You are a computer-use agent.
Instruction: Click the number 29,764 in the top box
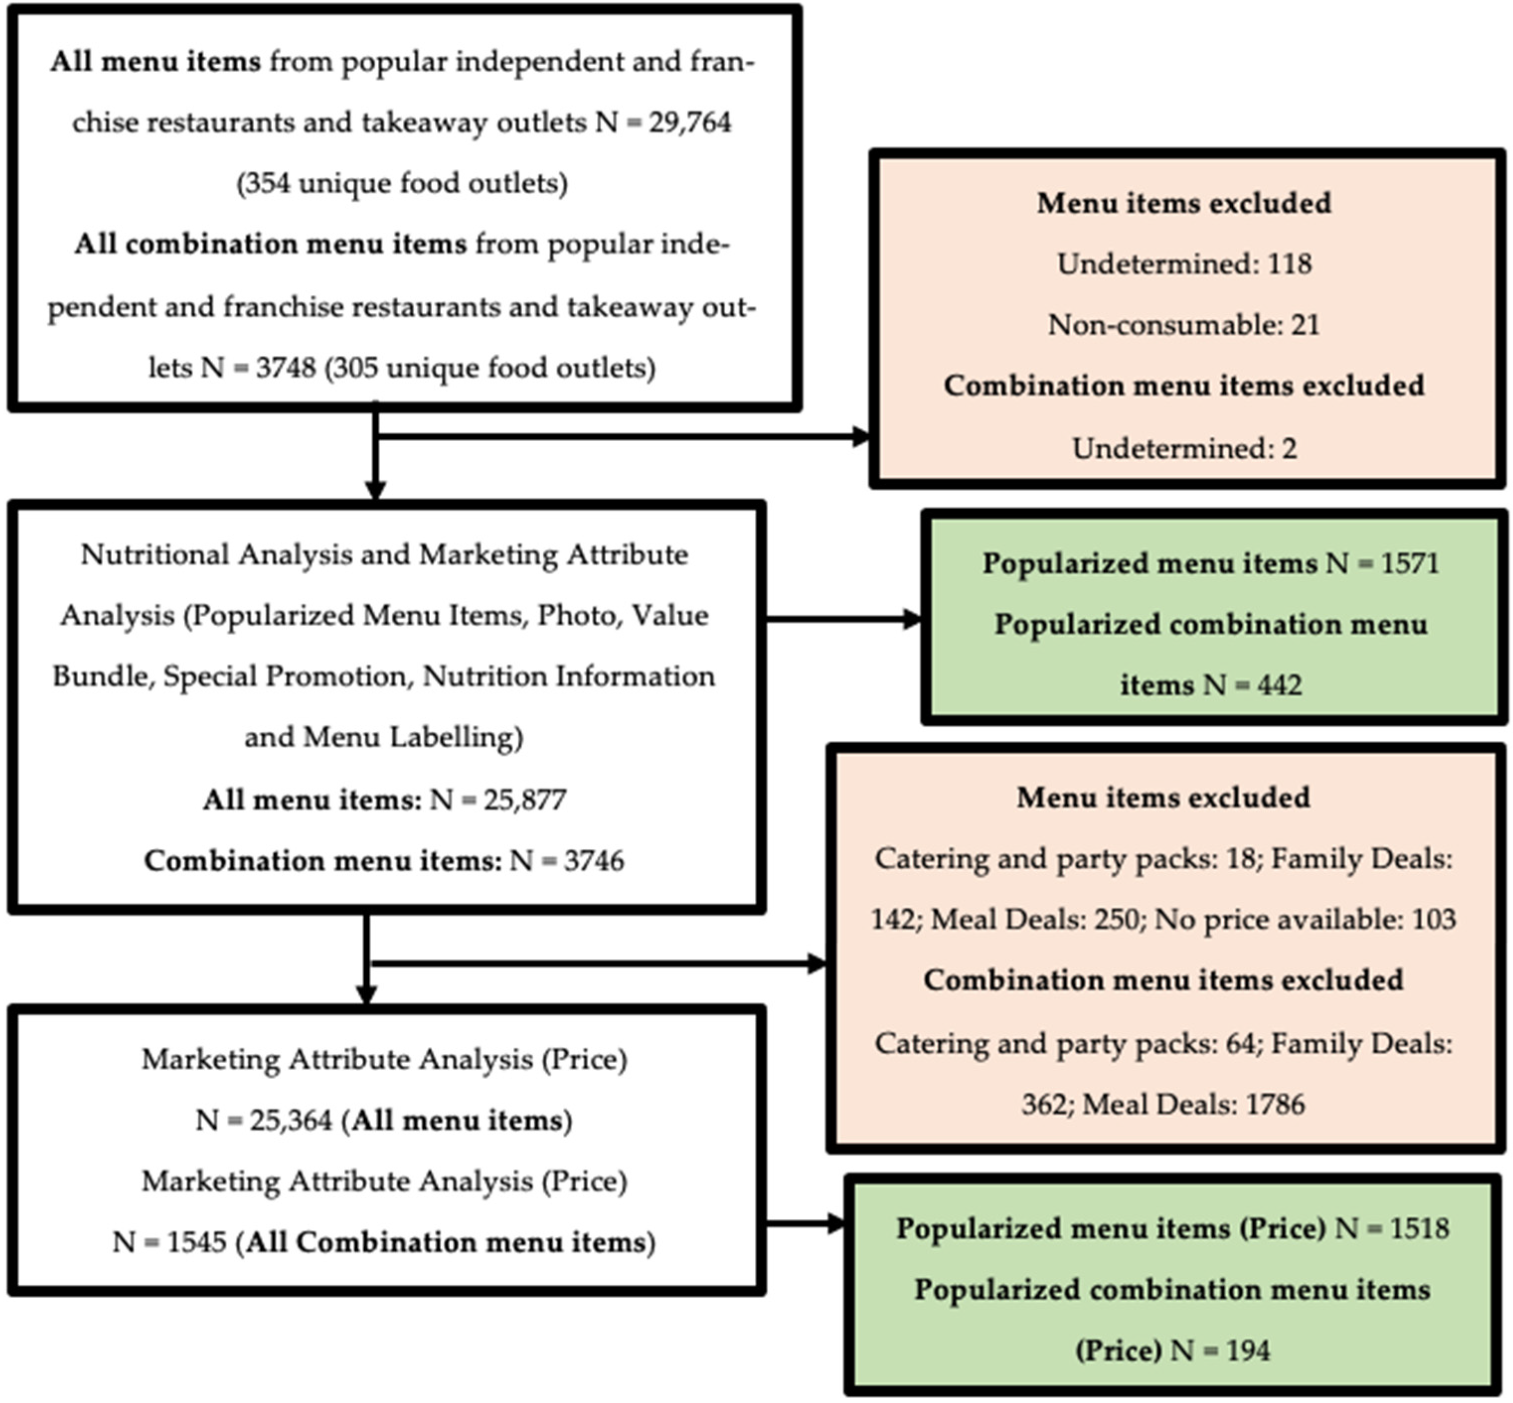click(x=689, y=122)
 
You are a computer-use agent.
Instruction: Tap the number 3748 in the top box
click(x=285, y=368)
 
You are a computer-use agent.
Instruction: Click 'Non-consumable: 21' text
click(x=1184, y=325)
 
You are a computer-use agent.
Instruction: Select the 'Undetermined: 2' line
click(x=1184, y=449)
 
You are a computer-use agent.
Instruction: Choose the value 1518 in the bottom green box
click(x=1419, y=1229)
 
